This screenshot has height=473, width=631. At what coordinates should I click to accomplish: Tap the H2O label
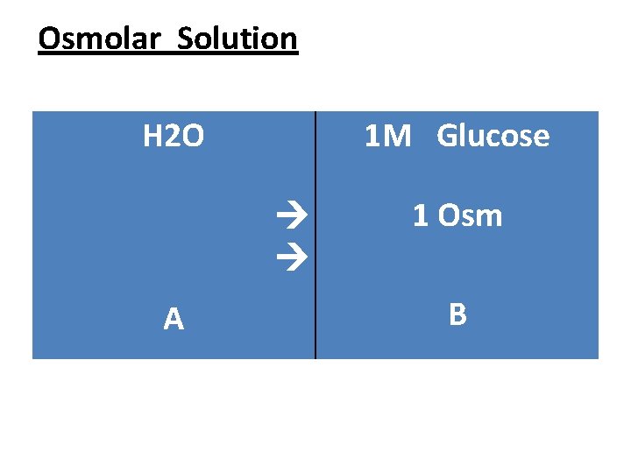(174, 137)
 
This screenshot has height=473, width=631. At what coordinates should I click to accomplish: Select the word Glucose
(493, 137)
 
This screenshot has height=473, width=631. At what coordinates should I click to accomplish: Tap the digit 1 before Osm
(421, 215)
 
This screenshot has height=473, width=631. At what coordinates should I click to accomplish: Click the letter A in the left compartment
(174, 320)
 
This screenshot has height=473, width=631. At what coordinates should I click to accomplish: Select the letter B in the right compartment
(457, 314)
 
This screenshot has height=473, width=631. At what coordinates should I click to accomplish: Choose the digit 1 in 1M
(372, 137)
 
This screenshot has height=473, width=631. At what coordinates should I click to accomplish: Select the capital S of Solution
(185, 39)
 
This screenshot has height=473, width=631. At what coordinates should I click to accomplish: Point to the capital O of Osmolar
(50, 39)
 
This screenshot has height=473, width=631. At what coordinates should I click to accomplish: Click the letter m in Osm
(489, 217)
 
